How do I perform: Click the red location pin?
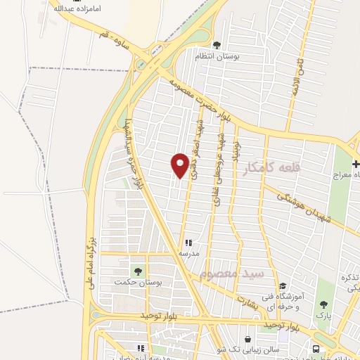click(181, 166)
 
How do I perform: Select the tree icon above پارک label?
click(323, 304)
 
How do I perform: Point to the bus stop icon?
click(316, 349)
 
